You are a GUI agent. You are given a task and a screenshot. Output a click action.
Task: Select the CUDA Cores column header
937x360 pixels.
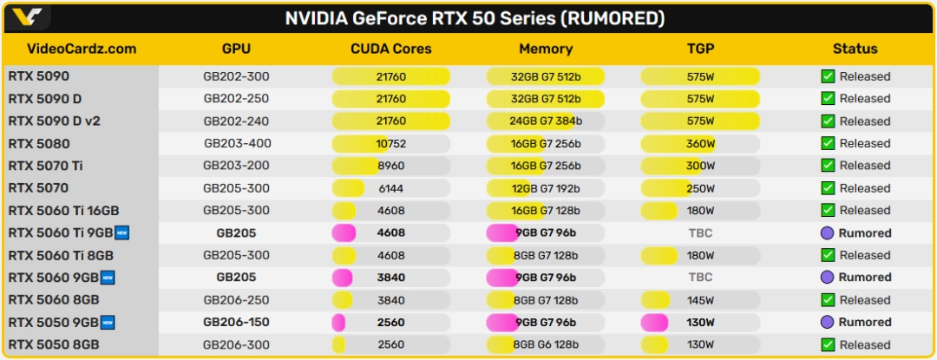[390, 49]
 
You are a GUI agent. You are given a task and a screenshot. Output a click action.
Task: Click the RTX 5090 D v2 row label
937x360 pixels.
[54, 121]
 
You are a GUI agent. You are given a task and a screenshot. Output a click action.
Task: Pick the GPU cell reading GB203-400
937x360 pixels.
[236, 143]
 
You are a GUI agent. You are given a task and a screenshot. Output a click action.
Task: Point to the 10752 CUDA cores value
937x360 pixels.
[390, 143]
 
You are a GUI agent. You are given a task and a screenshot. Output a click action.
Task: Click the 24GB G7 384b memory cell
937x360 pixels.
[546, 121]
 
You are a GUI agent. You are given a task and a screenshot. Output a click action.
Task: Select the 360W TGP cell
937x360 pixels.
[700, 143]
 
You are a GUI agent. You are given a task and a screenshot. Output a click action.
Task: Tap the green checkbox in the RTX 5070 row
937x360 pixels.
[828, 188]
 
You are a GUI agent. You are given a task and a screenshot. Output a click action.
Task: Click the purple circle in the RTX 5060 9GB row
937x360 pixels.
[828, 278]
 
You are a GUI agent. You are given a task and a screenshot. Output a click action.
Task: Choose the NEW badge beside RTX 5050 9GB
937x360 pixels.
[108, 323]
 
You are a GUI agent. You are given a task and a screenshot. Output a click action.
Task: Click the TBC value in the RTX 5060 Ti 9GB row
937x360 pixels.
[700, 232]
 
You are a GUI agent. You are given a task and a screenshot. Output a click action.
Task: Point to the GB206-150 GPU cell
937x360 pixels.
[236, 323]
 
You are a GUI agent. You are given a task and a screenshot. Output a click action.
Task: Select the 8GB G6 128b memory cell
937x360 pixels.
[546, 344]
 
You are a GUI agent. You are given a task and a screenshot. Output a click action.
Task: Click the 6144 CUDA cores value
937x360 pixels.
[390, 188]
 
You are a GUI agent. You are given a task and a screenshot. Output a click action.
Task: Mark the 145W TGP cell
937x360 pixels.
[700, 300]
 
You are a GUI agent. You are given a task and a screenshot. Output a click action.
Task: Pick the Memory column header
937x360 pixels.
[546, 49]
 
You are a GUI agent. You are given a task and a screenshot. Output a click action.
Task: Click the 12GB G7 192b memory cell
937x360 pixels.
[546, 188]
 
